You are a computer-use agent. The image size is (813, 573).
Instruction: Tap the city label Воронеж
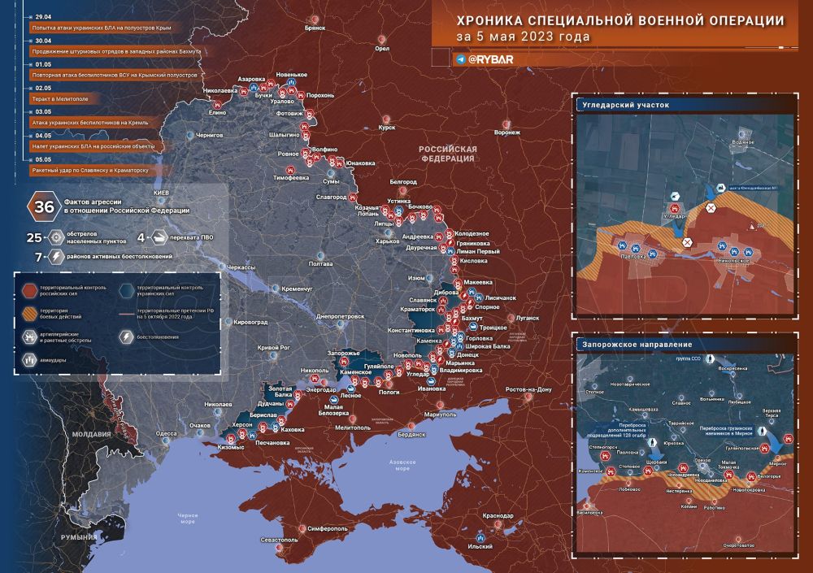click(x=507, y=132)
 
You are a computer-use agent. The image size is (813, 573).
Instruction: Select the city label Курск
click(x=387, y=127)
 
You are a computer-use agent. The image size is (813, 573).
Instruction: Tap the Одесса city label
click(x=167, y=433)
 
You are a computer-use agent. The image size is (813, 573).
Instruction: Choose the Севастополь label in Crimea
click(x=280, y=539)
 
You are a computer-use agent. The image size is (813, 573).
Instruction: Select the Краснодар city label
click(x=498, y=515)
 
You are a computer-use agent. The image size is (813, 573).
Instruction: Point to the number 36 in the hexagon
click(x=41, y=206)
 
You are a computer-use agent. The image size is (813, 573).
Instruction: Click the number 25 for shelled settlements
click(x=33, y=238)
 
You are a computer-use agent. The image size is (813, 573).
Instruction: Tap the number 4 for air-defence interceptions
click(x=141, y=238)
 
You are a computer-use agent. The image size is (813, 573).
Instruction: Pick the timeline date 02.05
click(x=43, y=87)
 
